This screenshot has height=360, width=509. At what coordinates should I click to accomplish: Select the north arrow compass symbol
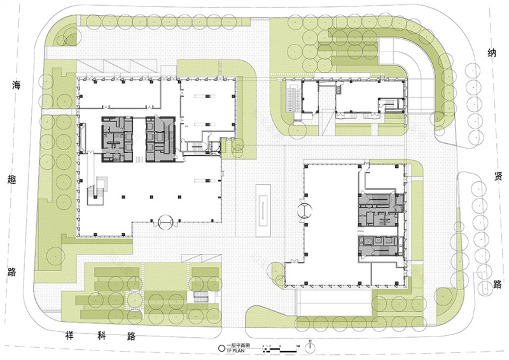point(309,347)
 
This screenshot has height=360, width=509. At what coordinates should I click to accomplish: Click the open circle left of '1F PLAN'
point(221,349)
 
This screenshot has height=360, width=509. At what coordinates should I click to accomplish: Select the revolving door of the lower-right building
point(305,210)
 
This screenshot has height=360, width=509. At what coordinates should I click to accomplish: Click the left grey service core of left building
point(116,135)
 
